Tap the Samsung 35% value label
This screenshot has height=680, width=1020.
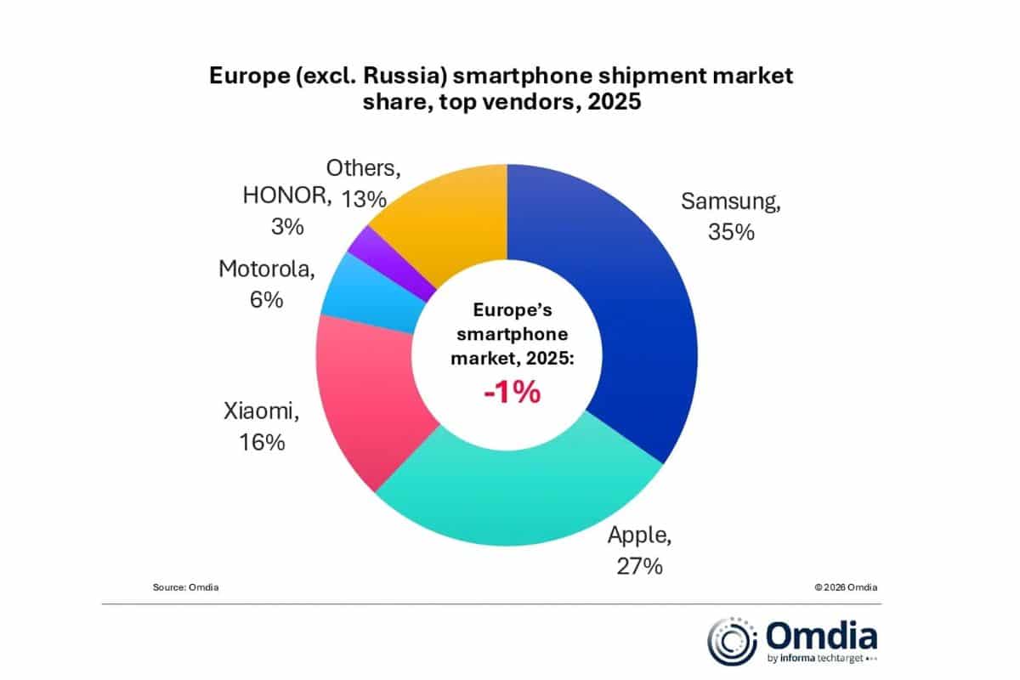[x=731, y=231]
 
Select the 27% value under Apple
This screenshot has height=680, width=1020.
[x=637, y=566]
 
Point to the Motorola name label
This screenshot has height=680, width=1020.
[x=267, y=269]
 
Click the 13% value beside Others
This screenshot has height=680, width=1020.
[x=364, y=199]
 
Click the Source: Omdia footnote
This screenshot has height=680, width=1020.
[x=185, y=586]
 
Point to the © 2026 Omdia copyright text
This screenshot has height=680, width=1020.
[x=846, y=586]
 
